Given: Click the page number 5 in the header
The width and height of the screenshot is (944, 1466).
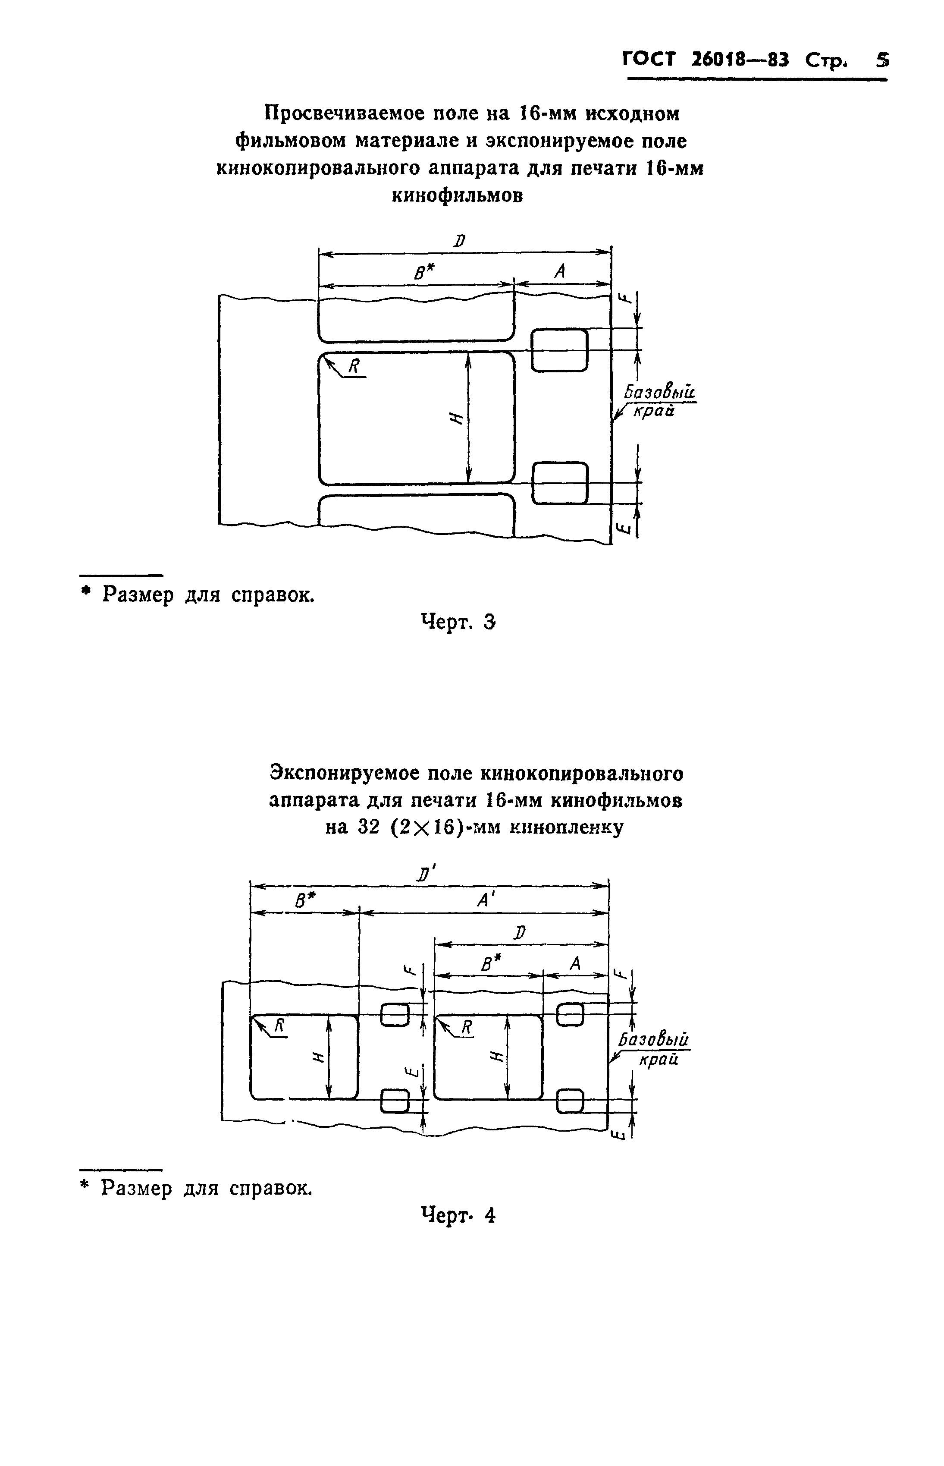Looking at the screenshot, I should click(x=881, y=60).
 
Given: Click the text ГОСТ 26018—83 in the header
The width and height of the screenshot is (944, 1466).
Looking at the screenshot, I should click(x=706, y=60).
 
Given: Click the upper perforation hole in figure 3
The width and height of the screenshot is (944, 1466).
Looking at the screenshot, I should click(x=559, y=350).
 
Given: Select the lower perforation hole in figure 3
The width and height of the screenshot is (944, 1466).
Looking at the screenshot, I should click(x=559, y=483).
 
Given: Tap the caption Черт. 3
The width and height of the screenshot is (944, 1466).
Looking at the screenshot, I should click(x=458, y=622).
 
